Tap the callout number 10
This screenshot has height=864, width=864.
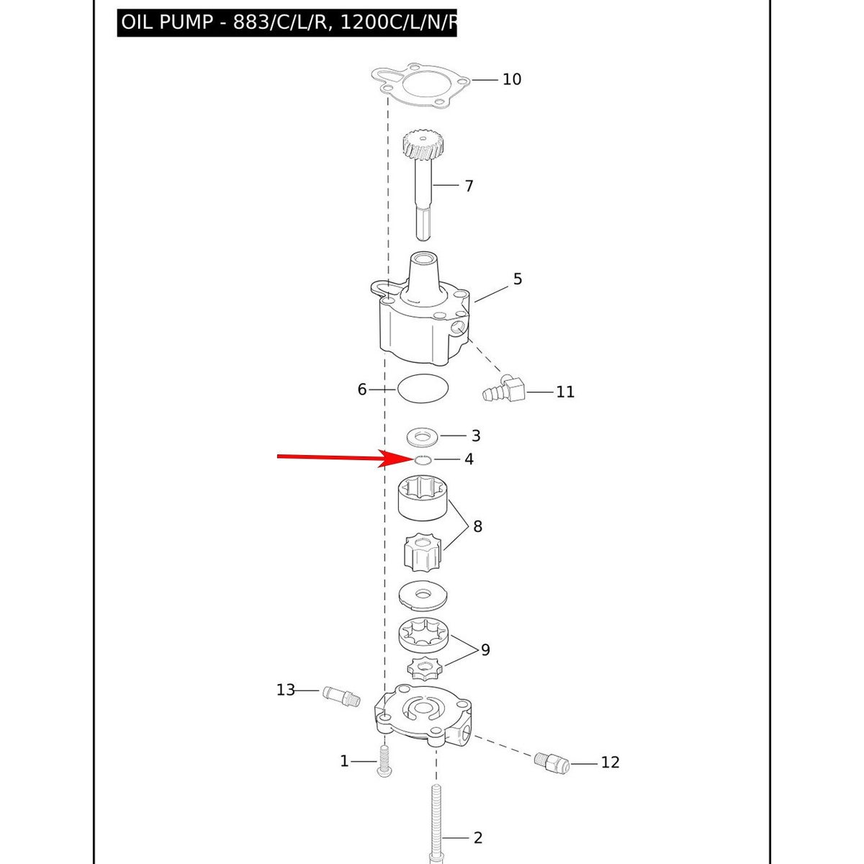(512, 79)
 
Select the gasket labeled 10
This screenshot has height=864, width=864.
(420, 86)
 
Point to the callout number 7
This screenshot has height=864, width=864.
(469, 186)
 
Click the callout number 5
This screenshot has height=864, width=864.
(518, 279)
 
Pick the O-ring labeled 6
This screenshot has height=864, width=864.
(423, 388)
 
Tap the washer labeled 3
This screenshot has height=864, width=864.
(423, 436)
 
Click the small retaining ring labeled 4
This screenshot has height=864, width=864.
(423, 459)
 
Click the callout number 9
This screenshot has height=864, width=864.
(485, 649)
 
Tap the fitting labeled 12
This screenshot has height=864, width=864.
(552, 762)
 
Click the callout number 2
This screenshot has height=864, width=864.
(478, 837)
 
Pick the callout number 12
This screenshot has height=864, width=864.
(610, 762)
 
